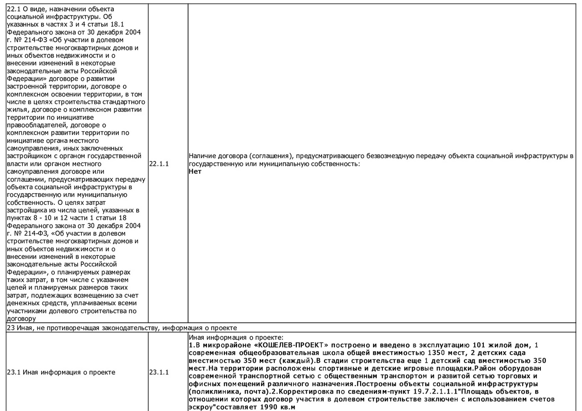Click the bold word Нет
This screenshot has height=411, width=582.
(x=195, y=171)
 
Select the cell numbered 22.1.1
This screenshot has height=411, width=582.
(x=159, y=164)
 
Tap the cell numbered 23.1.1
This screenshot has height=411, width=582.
(x=159, y=372)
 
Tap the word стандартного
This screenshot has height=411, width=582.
(x=125, y=102)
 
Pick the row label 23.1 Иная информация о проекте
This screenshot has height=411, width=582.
(x=61, y=372)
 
